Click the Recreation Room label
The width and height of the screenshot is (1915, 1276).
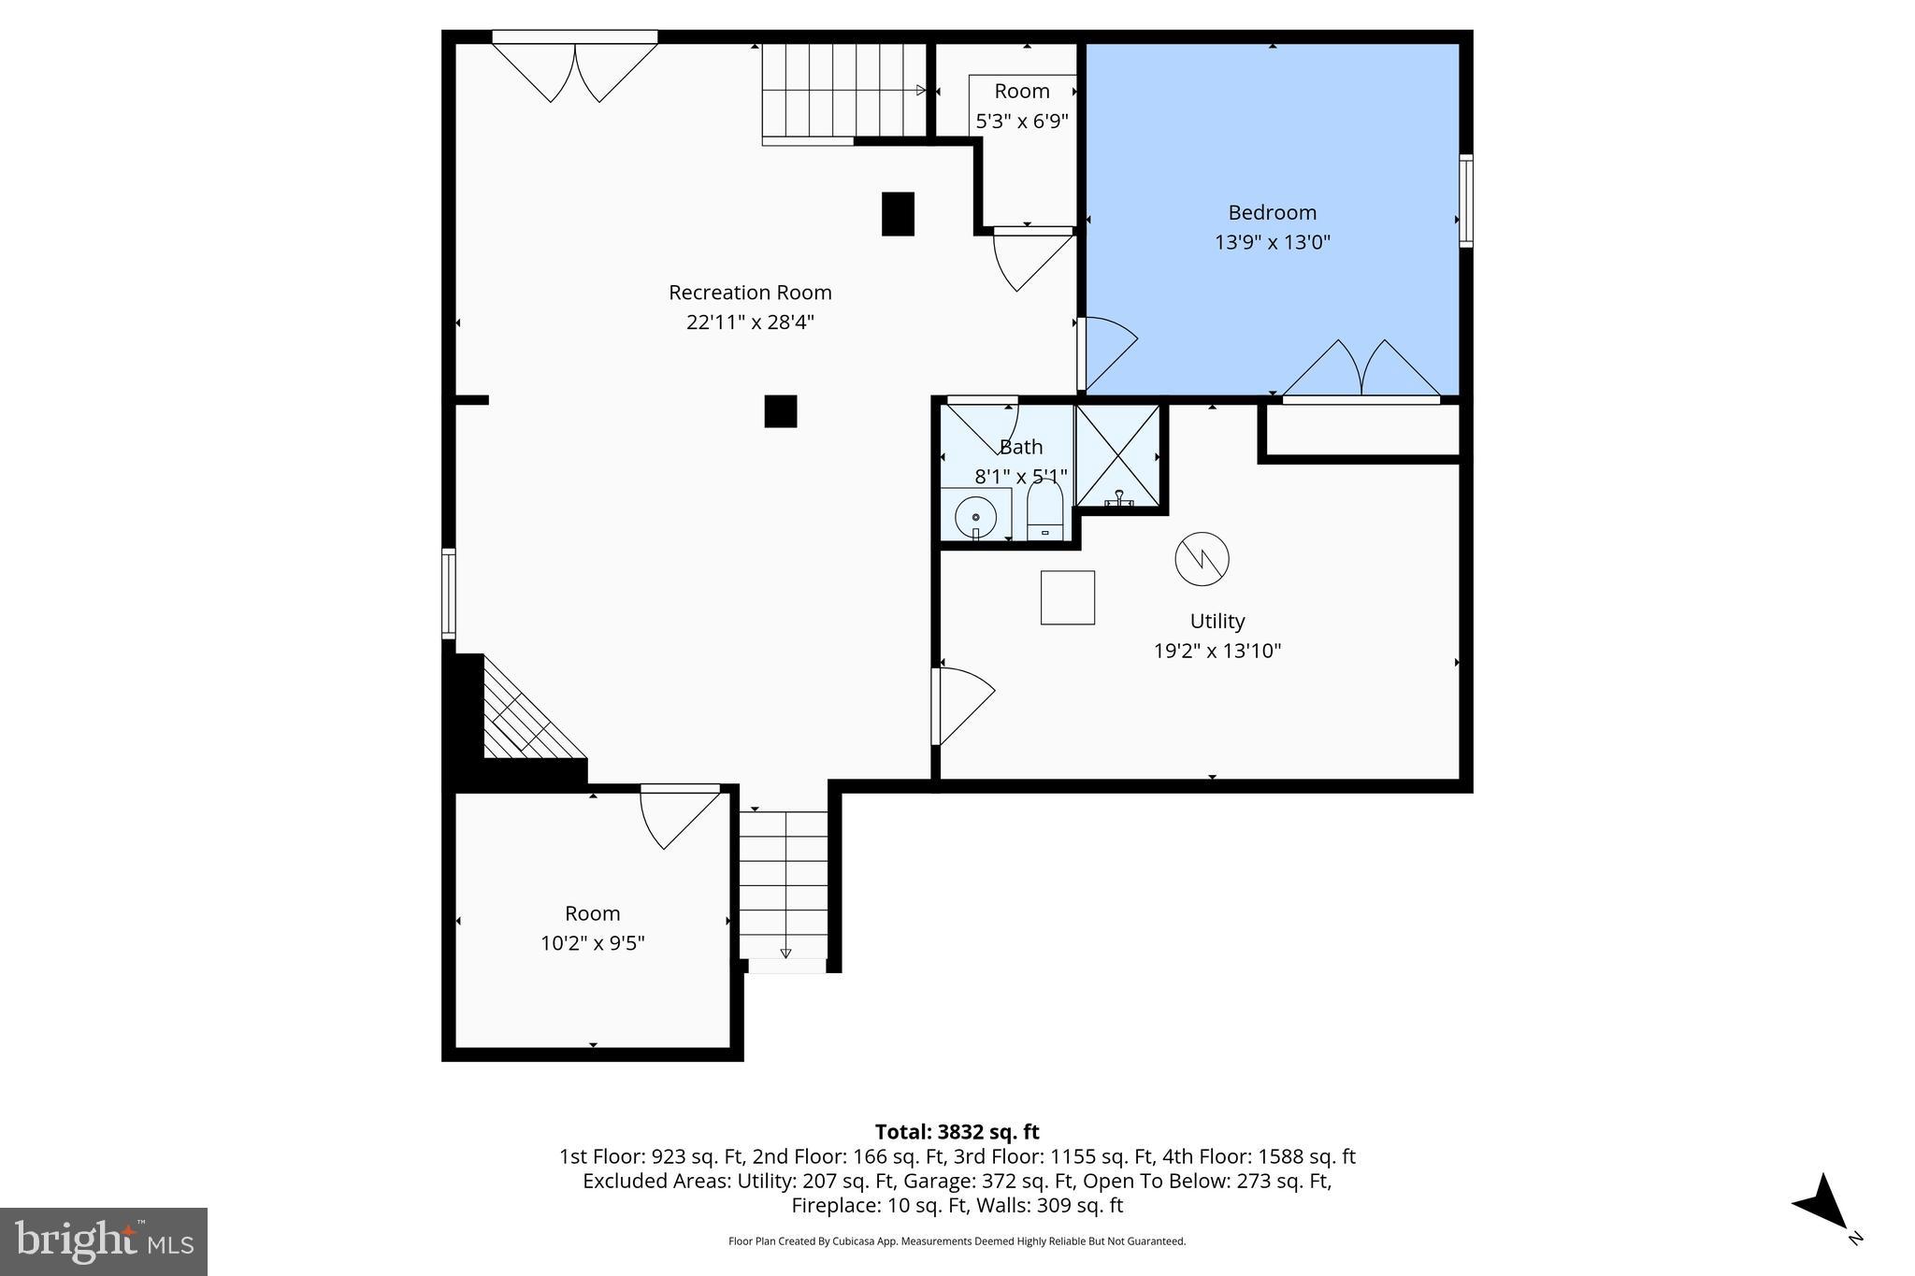(750, 293)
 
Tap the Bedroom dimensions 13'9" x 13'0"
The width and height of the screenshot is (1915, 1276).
(1272, 242)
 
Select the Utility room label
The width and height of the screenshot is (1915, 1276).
(1217, 621)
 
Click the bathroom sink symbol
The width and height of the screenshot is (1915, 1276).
(975, 516)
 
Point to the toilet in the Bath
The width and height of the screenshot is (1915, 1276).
(1044, 510)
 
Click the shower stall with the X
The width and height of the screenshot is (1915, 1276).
(1118, 455)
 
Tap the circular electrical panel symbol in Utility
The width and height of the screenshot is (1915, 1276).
(1202, 559)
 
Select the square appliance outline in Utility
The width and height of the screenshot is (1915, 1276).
(1067, 597)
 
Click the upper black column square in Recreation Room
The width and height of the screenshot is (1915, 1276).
(898, 213)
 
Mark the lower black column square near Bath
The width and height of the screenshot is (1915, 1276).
(781, 411)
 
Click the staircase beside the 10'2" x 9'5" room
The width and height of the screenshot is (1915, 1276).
(785, 883)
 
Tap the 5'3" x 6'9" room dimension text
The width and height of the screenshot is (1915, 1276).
(1021, 121)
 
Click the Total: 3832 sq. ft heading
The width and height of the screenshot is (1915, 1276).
(957, 1132)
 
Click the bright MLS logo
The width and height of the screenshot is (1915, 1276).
(104, 1241)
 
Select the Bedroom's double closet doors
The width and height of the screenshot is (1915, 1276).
(1361, 371)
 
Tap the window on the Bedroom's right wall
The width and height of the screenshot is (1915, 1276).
(1465, 201)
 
